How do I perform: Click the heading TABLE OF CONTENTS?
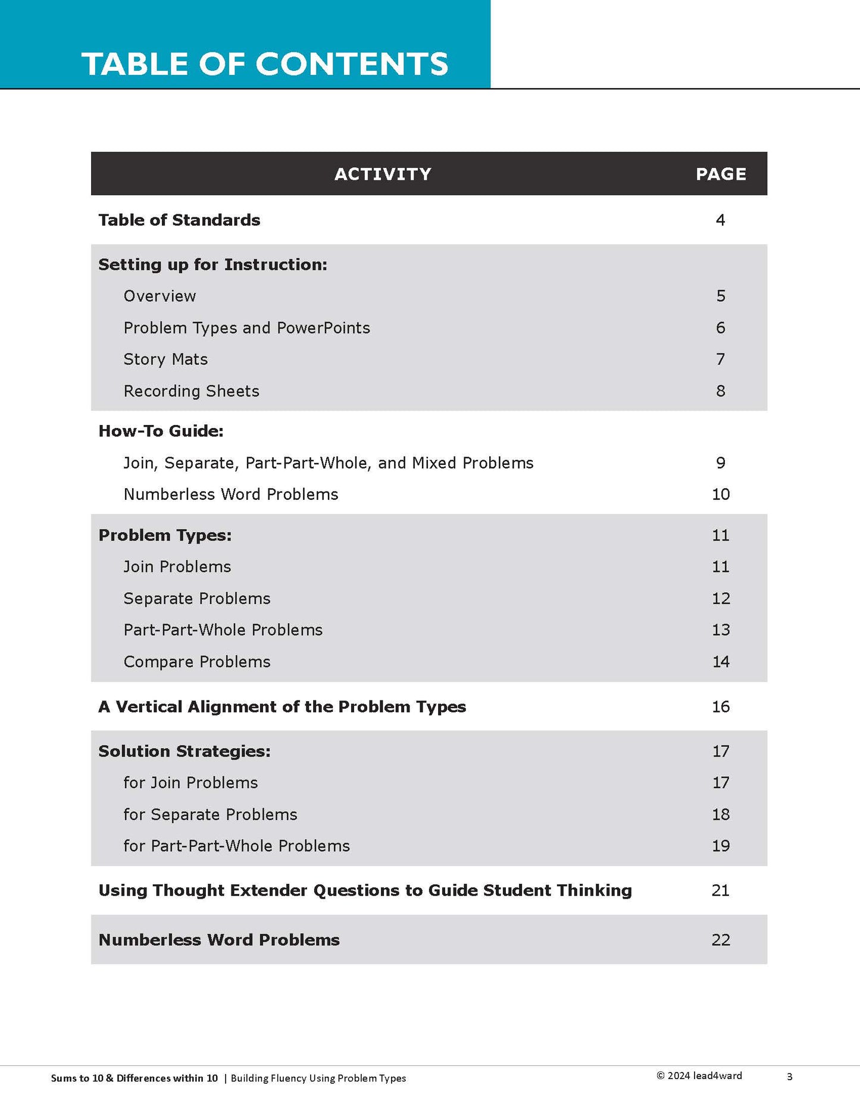click(x=264, y=64)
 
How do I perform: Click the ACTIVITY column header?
click(x=383, y=174)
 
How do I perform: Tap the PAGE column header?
click(x=721, y=174)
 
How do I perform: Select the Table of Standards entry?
click(x=179, y=220)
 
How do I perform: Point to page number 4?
click(x=720, y=220)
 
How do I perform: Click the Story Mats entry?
click(x=165, y=359)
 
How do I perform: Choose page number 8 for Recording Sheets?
click(x=720, y=391)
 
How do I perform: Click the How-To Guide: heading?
click(x=161, y=431)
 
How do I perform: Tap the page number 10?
click(x=721, y=494)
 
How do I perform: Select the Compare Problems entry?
click(x=196, y=662)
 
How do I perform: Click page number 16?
click(x=721, y=706)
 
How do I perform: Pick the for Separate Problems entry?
click(x=210, y=814)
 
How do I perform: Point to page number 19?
click(x=721, y=846)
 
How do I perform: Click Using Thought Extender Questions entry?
click(x=365, y=890)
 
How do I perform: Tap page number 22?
click(x=721, y=940)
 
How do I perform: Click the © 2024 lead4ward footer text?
click(x=699, y=1076)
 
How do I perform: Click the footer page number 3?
click(x=789, y=1076)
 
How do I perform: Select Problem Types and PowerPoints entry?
click(x=246, y=328)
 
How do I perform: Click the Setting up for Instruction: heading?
click(x=212, y=264)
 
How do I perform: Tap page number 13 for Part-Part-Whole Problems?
click(x=721, y=630)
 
